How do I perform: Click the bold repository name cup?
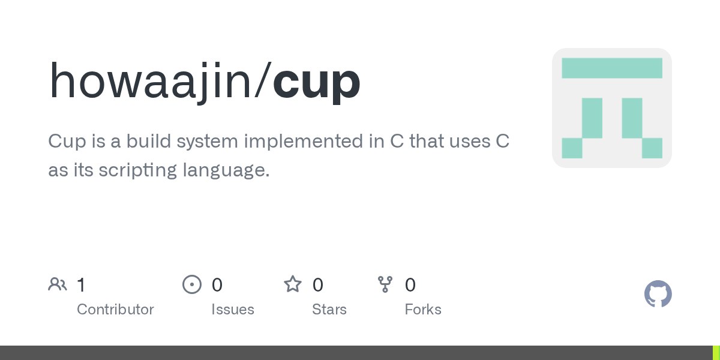317,83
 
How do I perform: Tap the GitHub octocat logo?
658,294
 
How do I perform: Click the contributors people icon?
58,284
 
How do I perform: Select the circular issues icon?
192,284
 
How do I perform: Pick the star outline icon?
293,284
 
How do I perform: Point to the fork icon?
385,284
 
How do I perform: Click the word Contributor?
115,310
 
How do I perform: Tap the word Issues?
233,310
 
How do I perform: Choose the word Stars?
329,310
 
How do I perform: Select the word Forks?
423,310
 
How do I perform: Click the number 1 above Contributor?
82,285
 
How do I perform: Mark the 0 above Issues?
217,285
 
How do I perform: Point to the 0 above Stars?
317,285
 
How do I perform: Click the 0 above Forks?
410,285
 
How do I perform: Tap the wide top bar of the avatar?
612,68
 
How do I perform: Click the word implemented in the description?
304,142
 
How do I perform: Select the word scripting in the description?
137,170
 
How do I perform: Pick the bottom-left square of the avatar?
572,148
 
